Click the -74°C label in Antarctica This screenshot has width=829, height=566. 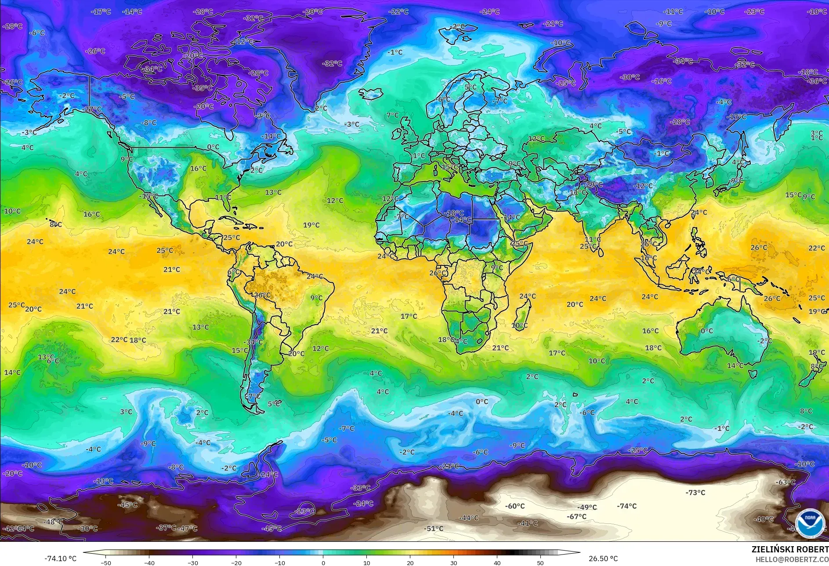(x=626, y=506)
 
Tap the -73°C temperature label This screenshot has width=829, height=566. (x=695, y=493)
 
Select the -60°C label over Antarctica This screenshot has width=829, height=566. (x=515, y=506)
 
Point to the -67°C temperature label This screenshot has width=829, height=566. (x=576, y=517)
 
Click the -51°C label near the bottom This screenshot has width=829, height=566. (x=434, y=529)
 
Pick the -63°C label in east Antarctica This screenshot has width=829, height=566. (x=786, y=482)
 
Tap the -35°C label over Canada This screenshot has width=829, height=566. (x=203, y=88)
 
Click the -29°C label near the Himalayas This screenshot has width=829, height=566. (x=594, y=185)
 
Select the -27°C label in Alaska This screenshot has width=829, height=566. (x=93, y=109)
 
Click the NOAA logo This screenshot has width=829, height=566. (x=810, y=523)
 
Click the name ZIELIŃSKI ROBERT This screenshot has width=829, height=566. (x=790, y=549)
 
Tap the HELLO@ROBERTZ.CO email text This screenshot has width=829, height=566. (x=792, y=559)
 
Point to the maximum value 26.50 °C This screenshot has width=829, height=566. (x=603, y=559)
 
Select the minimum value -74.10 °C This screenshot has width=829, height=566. (x=60, y=559)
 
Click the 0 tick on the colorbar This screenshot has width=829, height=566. (x=323, y=562)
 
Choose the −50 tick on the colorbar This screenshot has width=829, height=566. (x=105, y=562)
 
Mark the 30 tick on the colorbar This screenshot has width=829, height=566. (x=454, y=562)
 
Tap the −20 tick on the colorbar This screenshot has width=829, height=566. (x=236, y=562)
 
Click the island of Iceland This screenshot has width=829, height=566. (x=371, y=94)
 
